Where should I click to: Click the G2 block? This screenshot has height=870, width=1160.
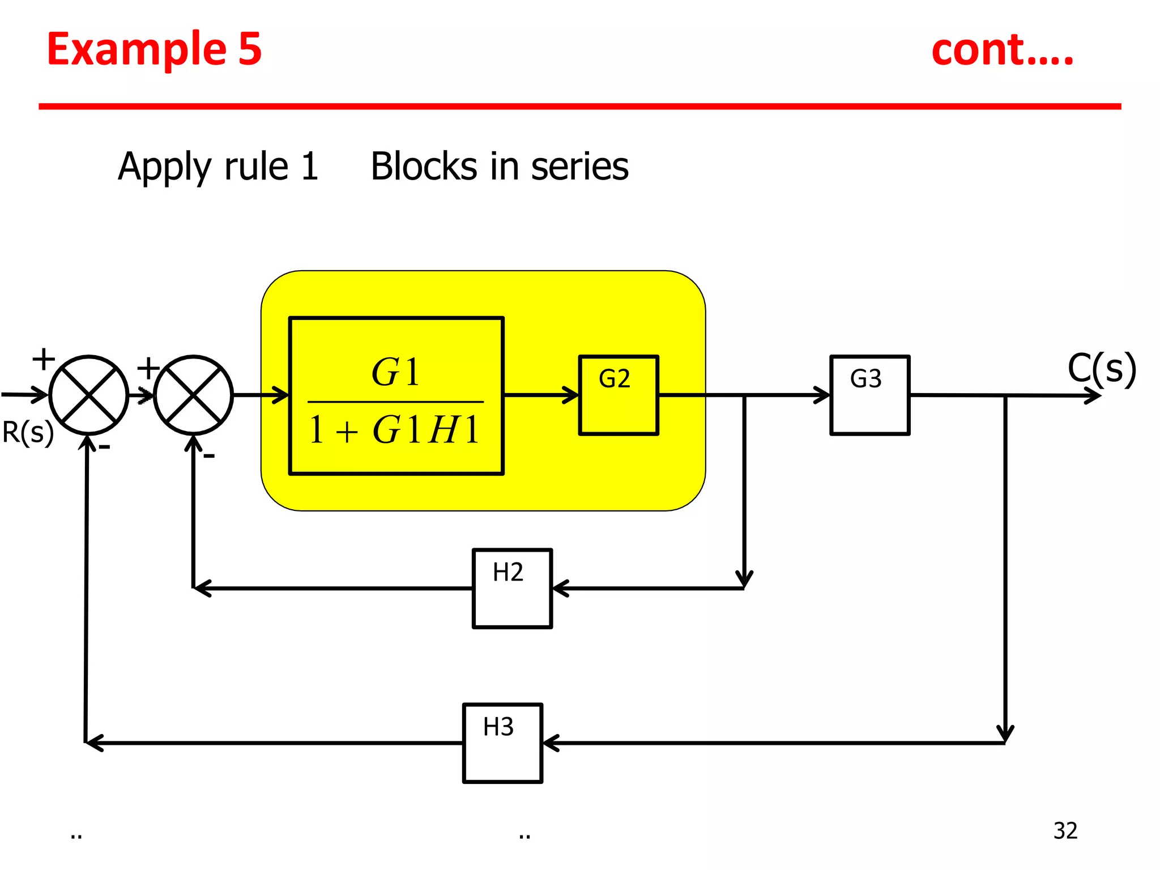click(619, 395)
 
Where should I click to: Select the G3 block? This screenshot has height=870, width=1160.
click(869, 395)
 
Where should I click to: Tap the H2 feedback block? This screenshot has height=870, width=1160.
click(512, 588)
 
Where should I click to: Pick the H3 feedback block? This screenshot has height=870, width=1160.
click(502, 743)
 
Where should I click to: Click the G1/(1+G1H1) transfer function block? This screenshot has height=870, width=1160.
click(396, 395)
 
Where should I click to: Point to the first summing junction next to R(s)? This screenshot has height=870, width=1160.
click(89, 395)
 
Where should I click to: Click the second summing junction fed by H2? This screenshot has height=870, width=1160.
click(193, 395)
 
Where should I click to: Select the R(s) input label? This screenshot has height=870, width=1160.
click(28, 433)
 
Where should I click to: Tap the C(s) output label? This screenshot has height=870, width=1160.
click(1101, 369)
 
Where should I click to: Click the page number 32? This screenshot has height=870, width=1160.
click(1065, 831)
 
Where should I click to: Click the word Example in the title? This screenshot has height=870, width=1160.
click(136, 49)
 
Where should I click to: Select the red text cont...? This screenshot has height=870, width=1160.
click(1001, 51)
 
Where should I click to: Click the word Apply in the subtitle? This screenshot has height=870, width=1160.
click(164, 167)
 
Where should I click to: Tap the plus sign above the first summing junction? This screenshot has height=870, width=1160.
click(44, 359)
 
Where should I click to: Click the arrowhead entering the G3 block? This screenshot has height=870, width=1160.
click(822, 395)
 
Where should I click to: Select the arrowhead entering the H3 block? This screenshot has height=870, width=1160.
click(551, 743)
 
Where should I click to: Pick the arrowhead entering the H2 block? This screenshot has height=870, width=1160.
click(560, 588)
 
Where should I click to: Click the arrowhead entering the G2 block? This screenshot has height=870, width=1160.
click(571, 395)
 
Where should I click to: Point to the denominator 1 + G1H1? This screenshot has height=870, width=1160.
click(395, 430)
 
